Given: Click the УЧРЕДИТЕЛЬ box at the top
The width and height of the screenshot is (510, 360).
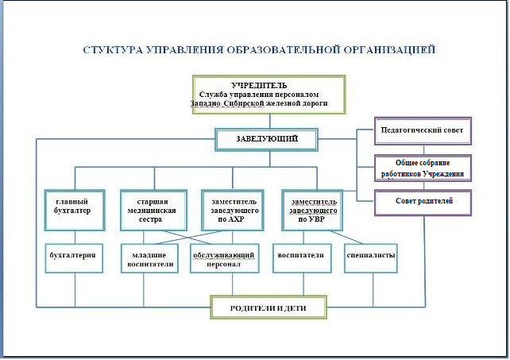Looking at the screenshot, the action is tap(269, 95).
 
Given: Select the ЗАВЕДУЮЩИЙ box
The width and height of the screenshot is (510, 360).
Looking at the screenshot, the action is tap(266, 139).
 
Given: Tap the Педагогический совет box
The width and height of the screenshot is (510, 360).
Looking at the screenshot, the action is tap(423, 130).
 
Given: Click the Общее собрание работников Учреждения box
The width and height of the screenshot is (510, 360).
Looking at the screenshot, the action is tap(423, 168).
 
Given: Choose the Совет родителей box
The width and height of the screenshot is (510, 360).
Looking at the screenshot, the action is tap(423, 203).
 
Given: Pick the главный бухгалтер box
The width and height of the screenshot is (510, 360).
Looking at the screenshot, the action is tap(75, 210).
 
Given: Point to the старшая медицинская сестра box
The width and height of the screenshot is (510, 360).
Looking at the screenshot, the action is tap(153, 210).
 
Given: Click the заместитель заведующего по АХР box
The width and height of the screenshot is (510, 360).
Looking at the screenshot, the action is tap(232, 210).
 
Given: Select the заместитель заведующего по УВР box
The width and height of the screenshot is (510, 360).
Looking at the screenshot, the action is tap(312, 210).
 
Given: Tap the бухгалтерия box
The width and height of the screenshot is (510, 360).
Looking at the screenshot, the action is tap(74, 258).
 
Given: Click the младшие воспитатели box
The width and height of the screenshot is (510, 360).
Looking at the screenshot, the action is tap(149, 258).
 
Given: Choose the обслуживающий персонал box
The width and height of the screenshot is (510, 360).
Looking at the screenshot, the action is tap(225, 258).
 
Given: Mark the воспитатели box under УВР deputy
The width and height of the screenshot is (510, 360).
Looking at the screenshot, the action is tap(302, 258).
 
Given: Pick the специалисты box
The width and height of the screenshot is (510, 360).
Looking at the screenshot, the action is tap(371, 258).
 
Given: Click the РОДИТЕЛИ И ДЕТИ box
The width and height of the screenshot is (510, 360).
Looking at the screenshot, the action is tap(269, 308).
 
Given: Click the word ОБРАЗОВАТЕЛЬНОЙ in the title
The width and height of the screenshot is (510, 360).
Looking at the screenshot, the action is tap(283, 50).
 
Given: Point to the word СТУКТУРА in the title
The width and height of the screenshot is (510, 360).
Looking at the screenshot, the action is tap(113, 50).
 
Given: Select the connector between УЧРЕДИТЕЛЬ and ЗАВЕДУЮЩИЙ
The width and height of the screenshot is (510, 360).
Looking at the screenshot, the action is tap(269, 121).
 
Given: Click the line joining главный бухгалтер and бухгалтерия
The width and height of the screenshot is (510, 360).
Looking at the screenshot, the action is tap(75, 238).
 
